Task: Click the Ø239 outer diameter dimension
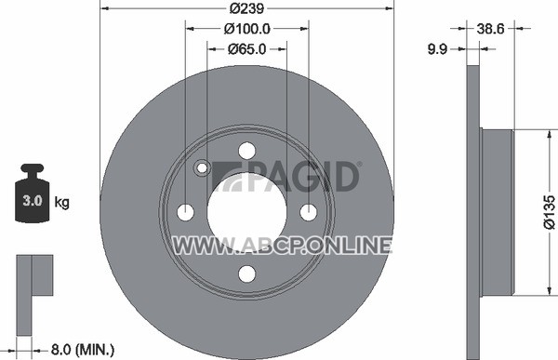click(247, 8)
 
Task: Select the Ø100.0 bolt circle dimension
click(247, 29)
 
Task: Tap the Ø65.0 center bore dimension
click(246, 49)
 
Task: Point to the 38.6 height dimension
click(490, 29)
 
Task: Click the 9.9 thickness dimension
click(437, 49)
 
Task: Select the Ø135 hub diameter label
click(549, 211)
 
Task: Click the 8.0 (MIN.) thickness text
click(83, 350)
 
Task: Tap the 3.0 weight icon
click(32, 193)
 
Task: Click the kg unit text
click(62, 202)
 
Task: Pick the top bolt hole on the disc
click(247, 151)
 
